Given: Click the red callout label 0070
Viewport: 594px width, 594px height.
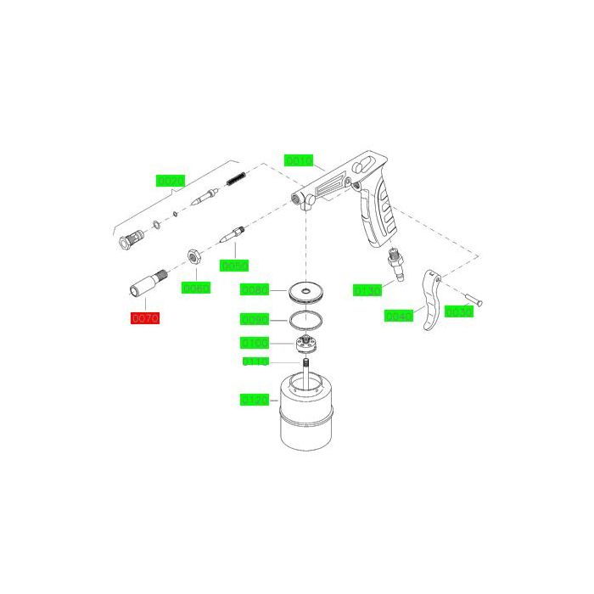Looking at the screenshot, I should click(x=144, y=318).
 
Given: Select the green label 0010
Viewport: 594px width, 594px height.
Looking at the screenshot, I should click(x=300, y=160).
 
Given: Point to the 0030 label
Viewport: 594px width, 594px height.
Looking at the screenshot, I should click(x=458, y=311).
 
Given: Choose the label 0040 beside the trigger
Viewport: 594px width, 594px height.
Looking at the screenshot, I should click(x=398, y=316).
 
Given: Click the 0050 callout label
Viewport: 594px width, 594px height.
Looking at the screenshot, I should click(x=233, y=266).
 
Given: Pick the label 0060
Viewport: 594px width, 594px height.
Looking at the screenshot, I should click(x=195, y=288).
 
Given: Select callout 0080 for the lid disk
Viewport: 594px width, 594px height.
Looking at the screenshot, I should click(x=255, y=290).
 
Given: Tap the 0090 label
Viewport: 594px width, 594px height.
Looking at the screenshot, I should click(x=255, y=320).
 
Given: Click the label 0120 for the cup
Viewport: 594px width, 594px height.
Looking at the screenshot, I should click(x=255, y=399).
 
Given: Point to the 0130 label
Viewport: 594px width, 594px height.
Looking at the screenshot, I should click(x=367, y=290).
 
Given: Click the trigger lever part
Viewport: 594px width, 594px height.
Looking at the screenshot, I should click(x=432, y=301).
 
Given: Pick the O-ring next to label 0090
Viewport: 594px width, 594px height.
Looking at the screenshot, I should click(x=303, y=320).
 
